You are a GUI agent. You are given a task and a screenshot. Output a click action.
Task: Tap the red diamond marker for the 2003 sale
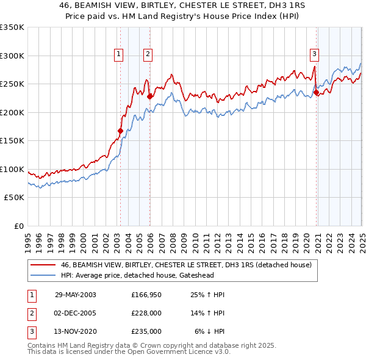pos(120,130)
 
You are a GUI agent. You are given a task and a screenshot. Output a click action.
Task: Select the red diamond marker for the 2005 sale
pos(149,96)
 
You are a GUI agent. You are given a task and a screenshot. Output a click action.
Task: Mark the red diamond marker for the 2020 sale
pos(317,92)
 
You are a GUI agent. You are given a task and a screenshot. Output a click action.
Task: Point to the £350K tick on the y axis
pos(12,27)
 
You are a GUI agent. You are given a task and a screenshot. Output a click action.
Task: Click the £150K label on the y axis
pos(12,140)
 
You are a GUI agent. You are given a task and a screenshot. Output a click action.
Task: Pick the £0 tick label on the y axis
pos(18,226)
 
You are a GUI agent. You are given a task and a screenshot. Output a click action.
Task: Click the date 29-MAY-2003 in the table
pos(76,294)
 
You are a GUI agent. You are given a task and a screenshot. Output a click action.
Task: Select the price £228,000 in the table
pos(146,313)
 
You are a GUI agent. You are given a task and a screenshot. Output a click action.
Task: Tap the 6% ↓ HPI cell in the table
pos(210,331)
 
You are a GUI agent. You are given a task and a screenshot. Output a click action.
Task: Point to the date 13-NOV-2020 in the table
pos(76,331)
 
